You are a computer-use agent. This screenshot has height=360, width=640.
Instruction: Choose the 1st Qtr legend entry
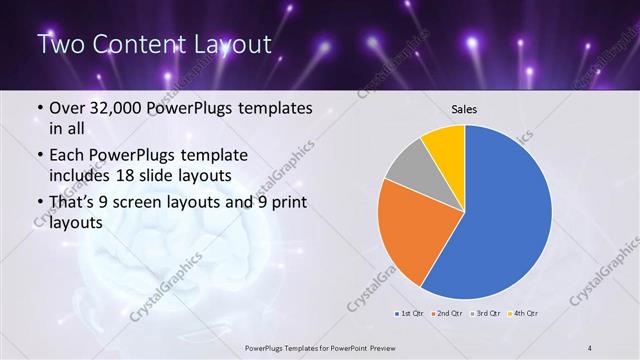(x=411, y=312)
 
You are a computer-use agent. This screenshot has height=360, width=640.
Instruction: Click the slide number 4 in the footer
(x=591, y=347)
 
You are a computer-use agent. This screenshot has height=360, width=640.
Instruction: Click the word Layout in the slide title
(x=229, y=44)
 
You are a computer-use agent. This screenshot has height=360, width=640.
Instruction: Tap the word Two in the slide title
(x=61, y=44)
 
